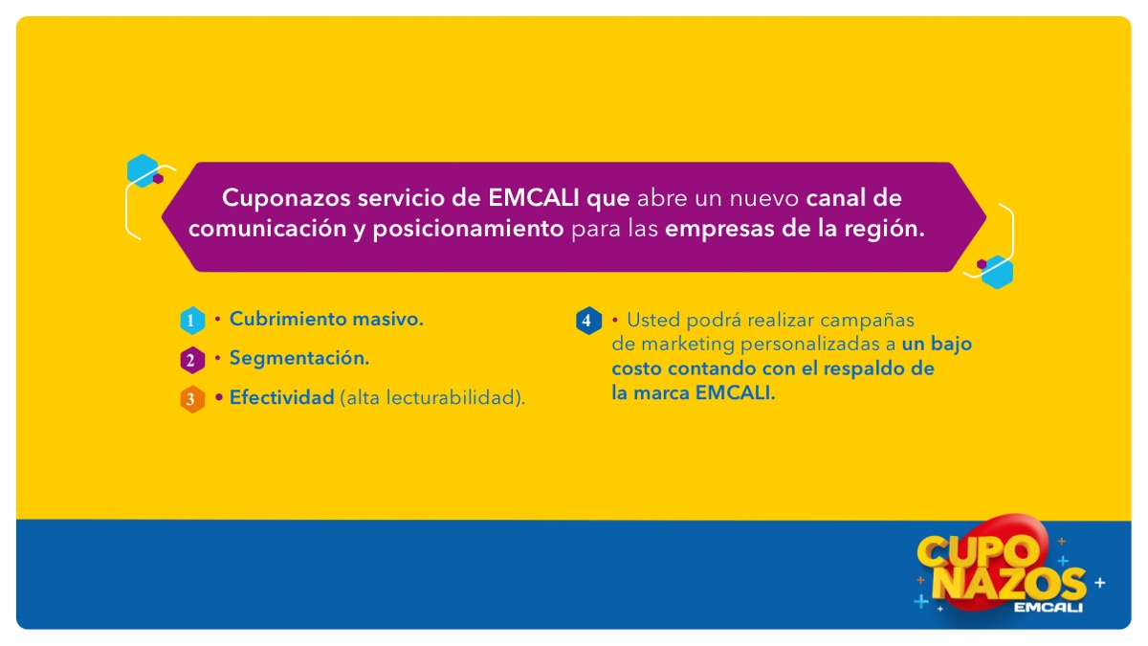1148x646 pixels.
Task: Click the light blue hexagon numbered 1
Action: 192,321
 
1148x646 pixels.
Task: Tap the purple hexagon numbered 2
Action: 192,360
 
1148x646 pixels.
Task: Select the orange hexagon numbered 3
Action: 192,399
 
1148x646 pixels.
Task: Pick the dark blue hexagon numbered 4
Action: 588,321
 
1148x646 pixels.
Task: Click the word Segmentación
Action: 299,358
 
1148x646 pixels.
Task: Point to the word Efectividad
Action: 282,397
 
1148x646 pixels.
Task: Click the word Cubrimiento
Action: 288,319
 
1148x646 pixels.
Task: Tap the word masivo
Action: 387,319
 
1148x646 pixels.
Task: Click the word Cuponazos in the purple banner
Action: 286,198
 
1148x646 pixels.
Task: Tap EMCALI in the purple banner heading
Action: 534,198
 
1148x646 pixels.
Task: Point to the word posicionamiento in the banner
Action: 468,229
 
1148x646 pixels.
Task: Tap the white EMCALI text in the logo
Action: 1049,608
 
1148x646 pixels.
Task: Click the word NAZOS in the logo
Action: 1009,585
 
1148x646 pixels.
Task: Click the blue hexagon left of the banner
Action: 142,170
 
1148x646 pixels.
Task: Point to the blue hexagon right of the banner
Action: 997,272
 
